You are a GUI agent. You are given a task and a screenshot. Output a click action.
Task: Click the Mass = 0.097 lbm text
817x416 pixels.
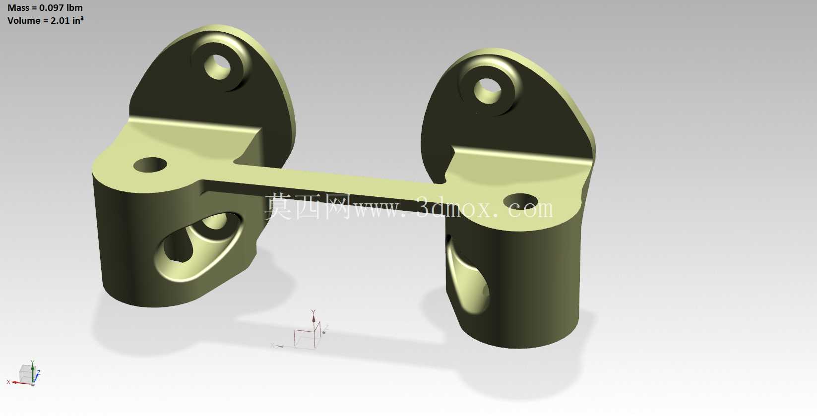(45, 7)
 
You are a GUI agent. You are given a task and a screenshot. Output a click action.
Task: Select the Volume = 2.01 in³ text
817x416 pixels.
(45, 20)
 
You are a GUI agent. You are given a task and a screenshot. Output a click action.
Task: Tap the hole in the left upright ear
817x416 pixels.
(218, 67)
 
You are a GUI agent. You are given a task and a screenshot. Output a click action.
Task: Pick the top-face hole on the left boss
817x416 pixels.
(150, 165)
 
